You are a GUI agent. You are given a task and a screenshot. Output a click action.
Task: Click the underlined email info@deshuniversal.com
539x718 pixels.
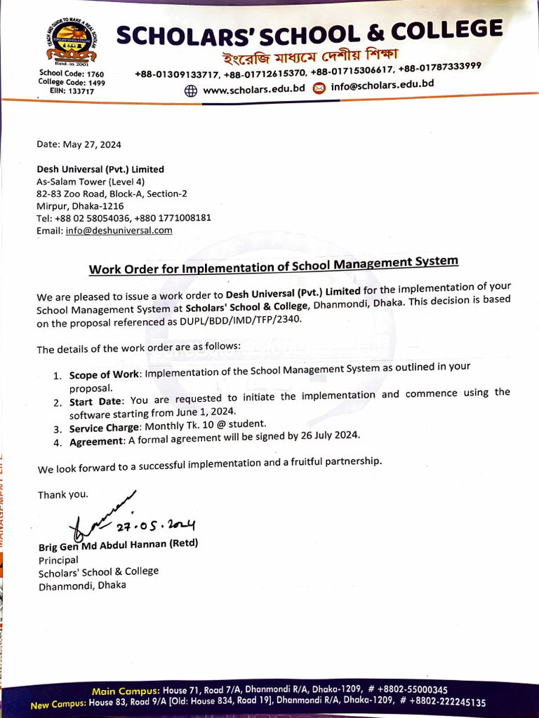coord(119,230)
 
